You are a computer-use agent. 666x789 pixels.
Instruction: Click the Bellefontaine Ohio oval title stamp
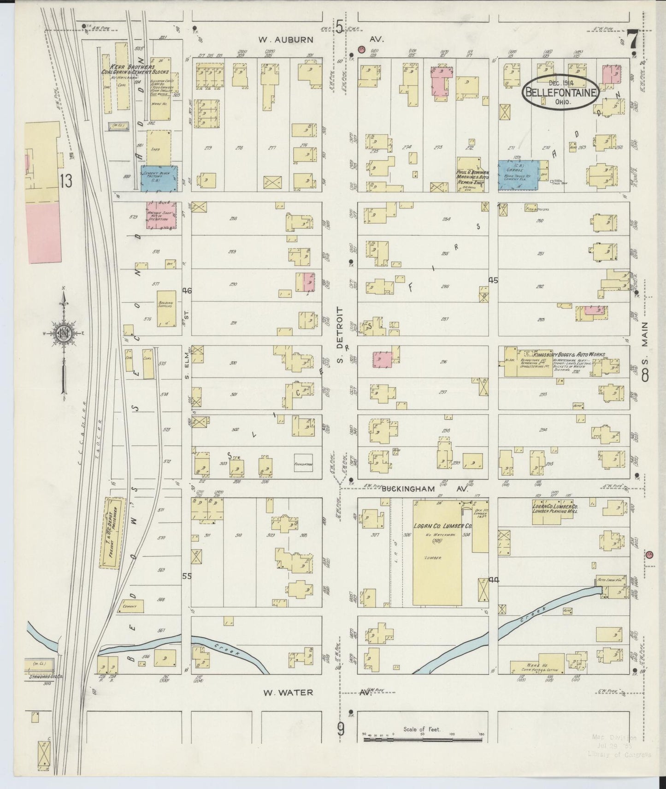point(560,93)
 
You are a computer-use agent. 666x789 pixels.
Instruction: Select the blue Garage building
point(520,174)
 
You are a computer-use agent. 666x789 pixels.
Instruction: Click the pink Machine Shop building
point(161,215)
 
